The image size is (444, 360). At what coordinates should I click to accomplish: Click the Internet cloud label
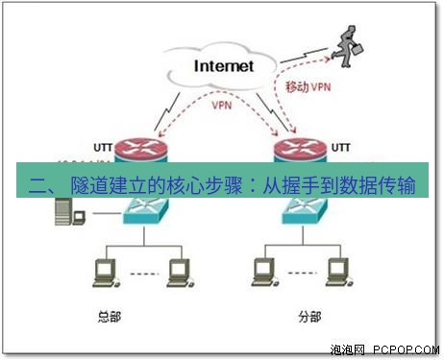[x=224, y=66]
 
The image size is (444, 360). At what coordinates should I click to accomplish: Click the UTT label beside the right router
[x=342, y=148]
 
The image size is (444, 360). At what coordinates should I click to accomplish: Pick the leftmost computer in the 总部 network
[x=101, y=275]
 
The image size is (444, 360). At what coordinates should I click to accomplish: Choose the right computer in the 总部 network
[x=177, y=275]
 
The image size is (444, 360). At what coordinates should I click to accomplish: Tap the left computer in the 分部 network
[x=259, y=275]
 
